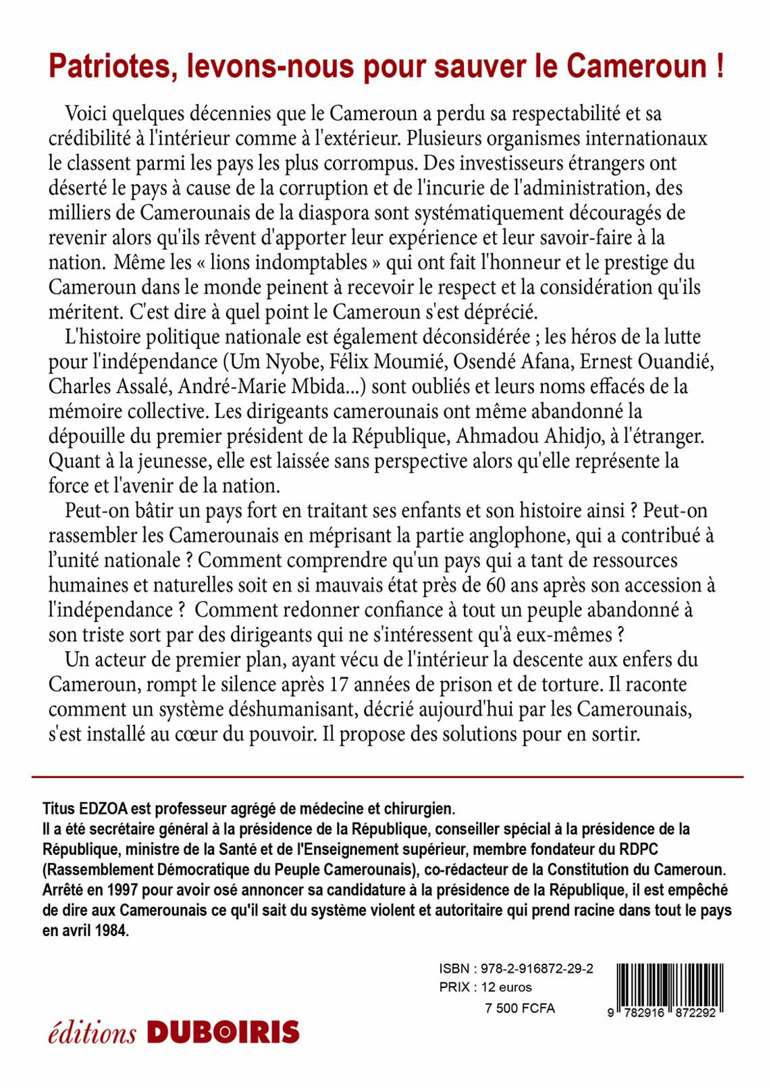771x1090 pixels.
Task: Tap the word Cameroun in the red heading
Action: (x=636, y=66)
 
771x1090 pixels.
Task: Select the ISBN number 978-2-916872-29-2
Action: (x=537, y=968)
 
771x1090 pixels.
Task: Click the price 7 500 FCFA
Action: (x=520, y=1008)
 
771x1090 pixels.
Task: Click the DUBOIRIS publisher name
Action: (x=223, y=1033)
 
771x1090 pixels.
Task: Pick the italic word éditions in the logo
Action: (x=92, y=1033)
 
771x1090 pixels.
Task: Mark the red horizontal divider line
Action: (x=387, y=777)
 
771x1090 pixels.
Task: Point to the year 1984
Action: (x=111, y=930)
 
